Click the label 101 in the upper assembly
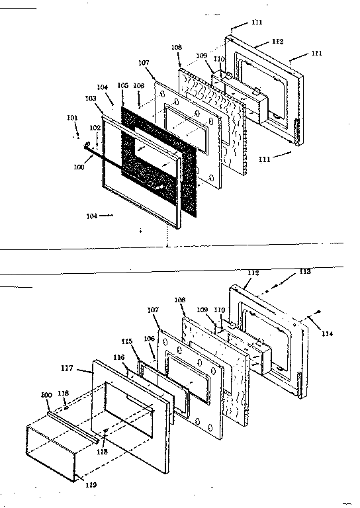tap(72, 118)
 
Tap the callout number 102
tap(95, 127)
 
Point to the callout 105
tap(122, 85)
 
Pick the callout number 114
tap(328, 334)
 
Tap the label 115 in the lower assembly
tap(126, 341)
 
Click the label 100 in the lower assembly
tap(46, 395)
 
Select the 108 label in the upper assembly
tap(176, 48)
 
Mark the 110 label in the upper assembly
tap(219, 60)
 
